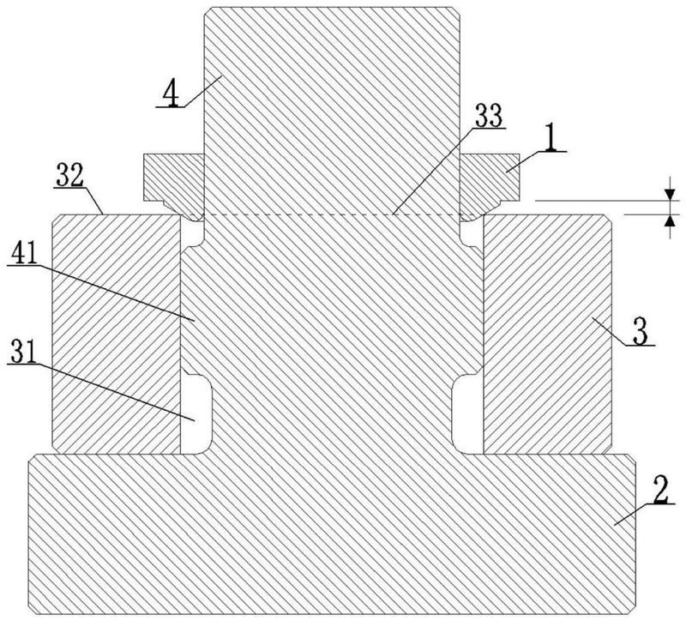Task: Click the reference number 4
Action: pos(171,94)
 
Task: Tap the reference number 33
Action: pos(489,115)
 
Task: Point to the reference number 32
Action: pos(69,176)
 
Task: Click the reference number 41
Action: pos(25,253)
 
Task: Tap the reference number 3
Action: pos(640,334)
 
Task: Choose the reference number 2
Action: pos(660,489)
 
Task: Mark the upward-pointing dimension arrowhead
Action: pos(670,220)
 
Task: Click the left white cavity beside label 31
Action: pos(196,413)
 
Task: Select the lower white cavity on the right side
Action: pos(467,413)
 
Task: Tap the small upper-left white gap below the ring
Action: pos(191,231)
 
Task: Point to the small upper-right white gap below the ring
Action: pos(472,231)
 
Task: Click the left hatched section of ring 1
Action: pos(174,178)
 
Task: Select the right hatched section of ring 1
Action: pos(490,178)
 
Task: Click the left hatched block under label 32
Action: pos(117,334)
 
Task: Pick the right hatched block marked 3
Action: pos(547,334)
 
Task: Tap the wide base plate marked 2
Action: pos(332,534)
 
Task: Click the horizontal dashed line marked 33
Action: pos(332,214)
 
